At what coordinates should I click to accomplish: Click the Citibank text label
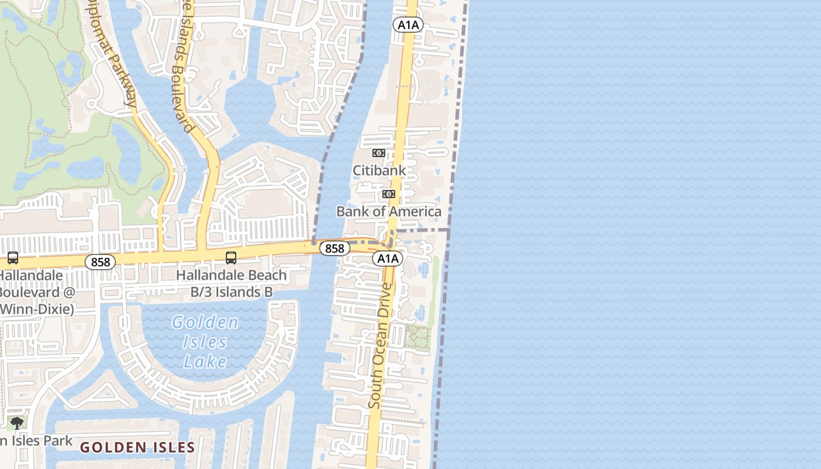pyautogui.click(x=379, y=171)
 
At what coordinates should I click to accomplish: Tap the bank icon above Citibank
pyautogui.click(x=378, y=153)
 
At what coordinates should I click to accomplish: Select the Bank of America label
pyautogui.click(x=389, y=212)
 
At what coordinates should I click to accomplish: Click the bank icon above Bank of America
pyautogui.click(x=388, y=194)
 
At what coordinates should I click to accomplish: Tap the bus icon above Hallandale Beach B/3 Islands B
pyautogui.click(x=231, y=257)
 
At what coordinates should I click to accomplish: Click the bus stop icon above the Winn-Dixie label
pyautogui.click(x=12, y=257)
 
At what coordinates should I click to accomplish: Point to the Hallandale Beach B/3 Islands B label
pyautogui.click(x=231, y=283)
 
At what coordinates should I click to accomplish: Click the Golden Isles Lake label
pyautogui.click(x=205, y=342)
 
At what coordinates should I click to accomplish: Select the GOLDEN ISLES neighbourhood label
pyautogui.click(x=137, y=448)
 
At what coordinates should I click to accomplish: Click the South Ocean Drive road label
pyautogui.click(x=380, y=346)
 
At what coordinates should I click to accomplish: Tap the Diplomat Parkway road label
pyautogui.click(x=112, y=53)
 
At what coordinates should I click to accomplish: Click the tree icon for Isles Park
pyautogui.click(x=17, y=423)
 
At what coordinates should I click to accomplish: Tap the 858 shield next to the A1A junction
pyautogui.click(x=334, y=249)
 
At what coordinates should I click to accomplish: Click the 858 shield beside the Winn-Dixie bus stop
pyautogui.click(x=100, y=262)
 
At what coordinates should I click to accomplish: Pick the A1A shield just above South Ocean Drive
pyautogui.click(x=388, y=259)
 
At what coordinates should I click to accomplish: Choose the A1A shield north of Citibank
pyautogui.click(x=408, y=25)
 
